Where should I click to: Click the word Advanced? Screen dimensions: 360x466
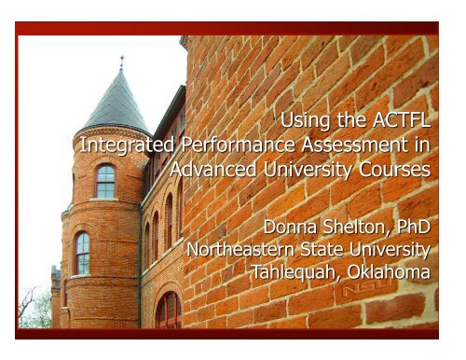tap(212, 171)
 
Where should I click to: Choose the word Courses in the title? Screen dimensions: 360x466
tap(395, 171)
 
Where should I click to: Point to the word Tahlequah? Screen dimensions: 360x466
tap(292, 274)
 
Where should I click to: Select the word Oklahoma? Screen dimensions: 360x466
tap(386, 274)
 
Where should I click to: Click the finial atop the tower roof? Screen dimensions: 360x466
tap(121, 62)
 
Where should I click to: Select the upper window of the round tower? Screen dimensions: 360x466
tap(105, 180)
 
